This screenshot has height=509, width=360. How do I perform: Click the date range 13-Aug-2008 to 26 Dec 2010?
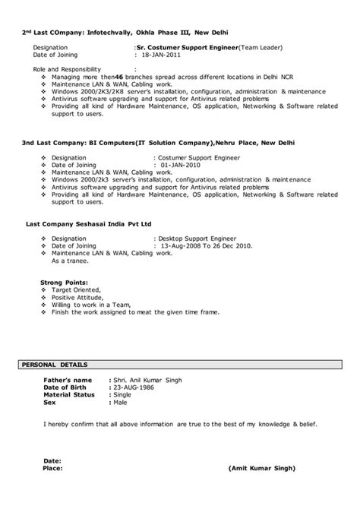click(204, 246)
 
